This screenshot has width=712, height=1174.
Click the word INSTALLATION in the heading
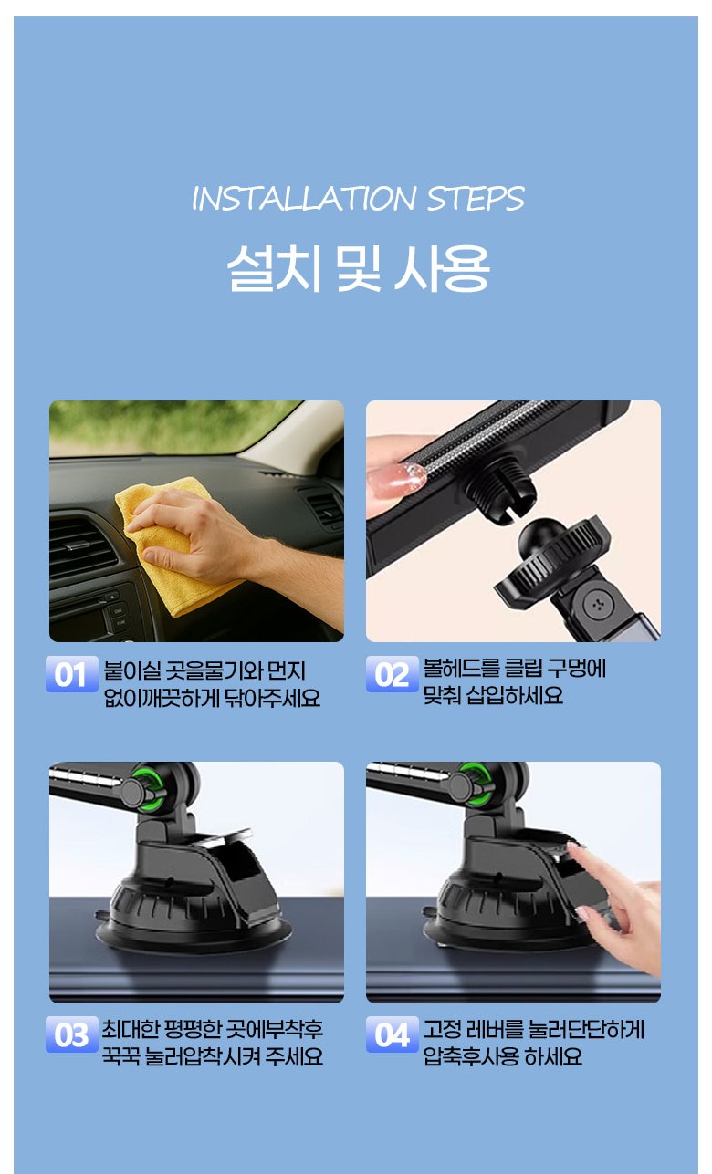(304, 199)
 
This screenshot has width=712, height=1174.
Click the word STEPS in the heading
(476, 199)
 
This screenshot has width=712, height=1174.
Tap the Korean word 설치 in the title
(274, 267)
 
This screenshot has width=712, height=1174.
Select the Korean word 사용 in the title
(442, 267)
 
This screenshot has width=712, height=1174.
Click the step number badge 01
(72, 674)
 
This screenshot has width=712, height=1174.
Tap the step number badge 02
(393, 674)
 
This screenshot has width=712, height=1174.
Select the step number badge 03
(72, 1034)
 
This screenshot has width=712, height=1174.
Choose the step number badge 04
(393, 1034)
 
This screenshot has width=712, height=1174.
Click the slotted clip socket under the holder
(502, 491)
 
